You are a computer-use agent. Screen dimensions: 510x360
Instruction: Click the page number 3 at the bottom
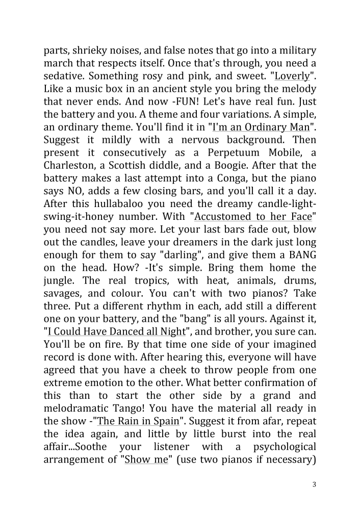[x=315, y=484]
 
